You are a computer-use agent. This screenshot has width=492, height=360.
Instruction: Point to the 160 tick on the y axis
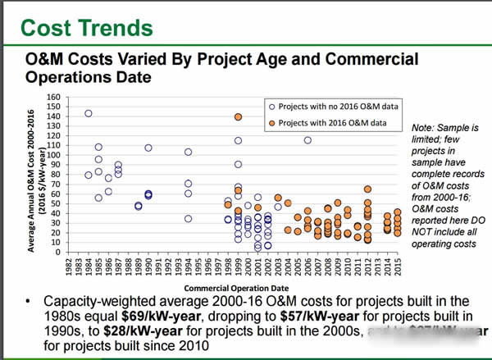click(55, 98)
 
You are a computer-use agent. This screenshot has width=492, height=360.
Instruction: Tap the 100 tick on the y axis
click(55, 155)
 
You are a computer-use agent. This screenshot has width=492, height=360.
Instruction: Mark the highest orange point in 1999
click(238, 117)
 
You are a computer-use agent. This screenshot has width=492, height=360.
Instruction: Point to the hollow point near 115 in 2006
click(307, 140)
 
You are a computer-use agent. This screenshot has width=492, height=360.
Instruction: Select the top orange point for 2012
click(368, 189)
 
